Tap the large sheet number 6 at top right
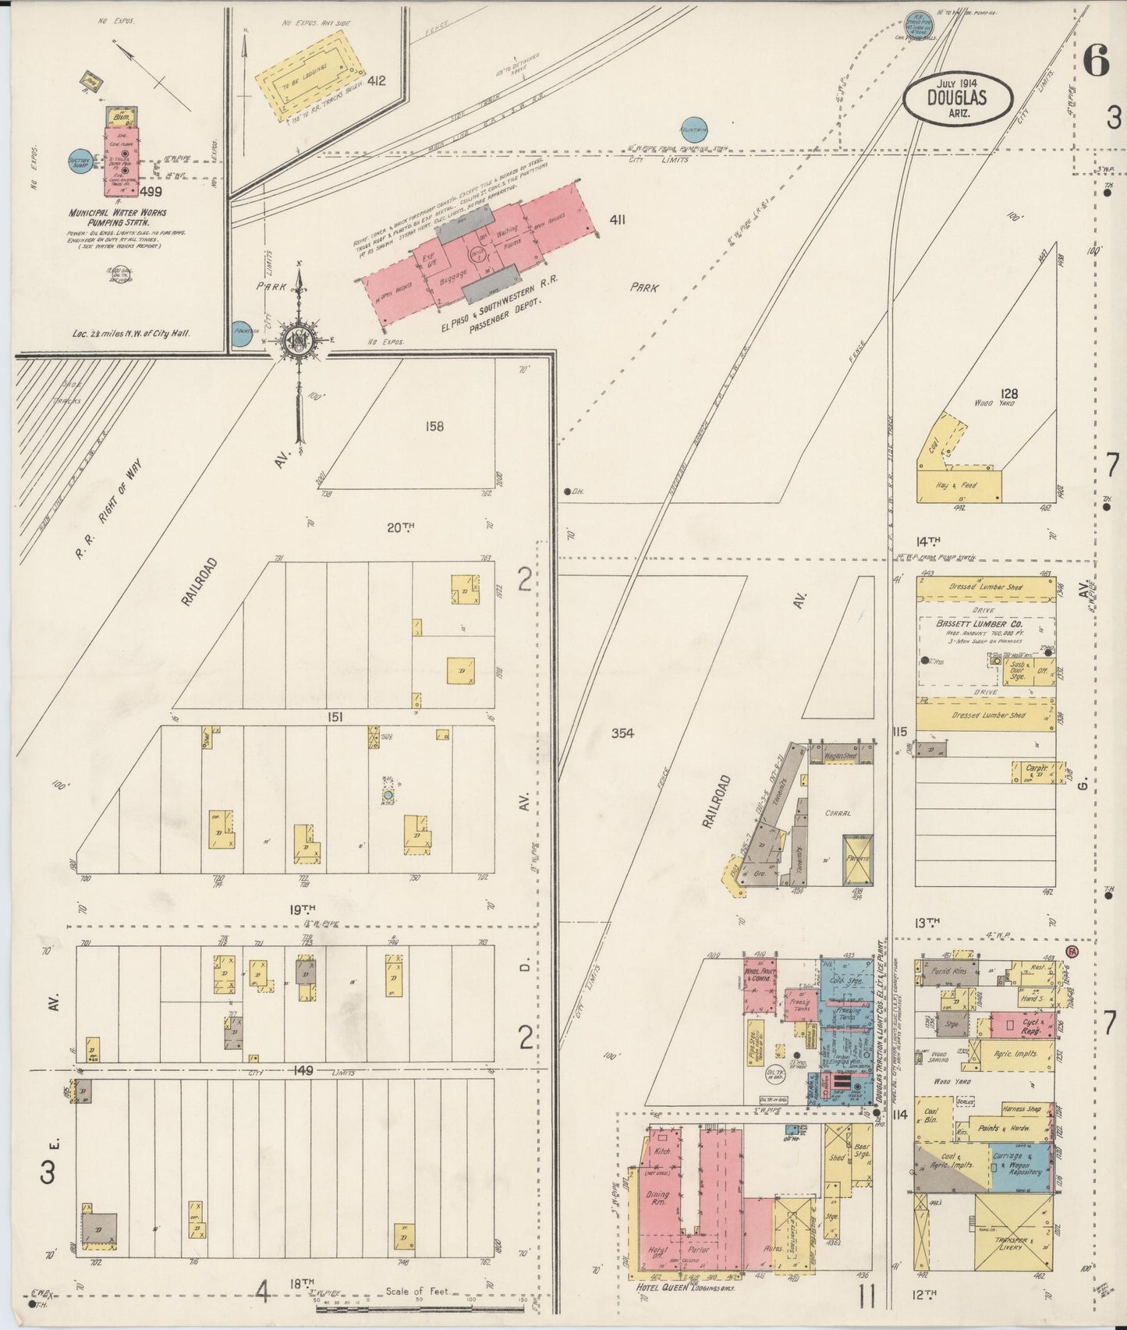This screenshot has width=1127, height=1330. coord(1096,60)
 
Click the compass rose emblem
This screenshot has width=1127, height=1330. coord(297,339)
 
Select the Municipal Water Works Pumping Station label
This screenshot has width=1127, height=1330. coord(118,218)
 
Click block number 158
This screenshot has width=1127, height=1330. coord(434,426)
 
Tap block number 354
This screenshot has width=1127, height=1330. coord(622,732)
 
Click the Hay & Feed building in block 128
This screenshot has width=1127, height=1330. coord(957,484)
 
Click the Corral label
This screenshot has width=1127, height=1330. coord(838,812)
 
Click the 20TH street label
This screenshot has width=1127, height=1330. coord(400,528)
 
